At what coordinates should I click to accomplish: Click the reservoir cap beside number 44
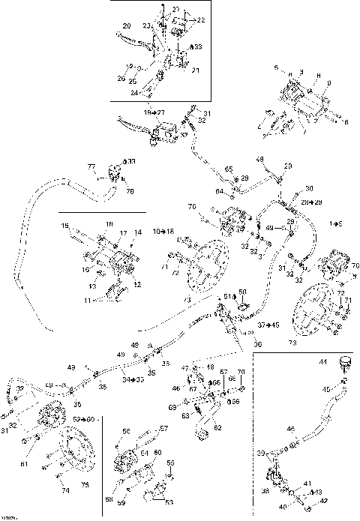click(346, 366)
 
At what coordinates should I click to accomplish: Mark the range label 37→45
click(267, 325)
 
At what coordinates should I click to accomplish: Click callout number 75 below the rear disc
click(84, 485)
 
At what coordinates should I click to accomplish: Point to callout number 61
click(25, 466)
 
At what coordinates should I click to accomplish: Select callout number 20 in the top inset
click(125, 26)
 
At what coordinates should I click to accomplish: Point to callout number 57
click(163, 429)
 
